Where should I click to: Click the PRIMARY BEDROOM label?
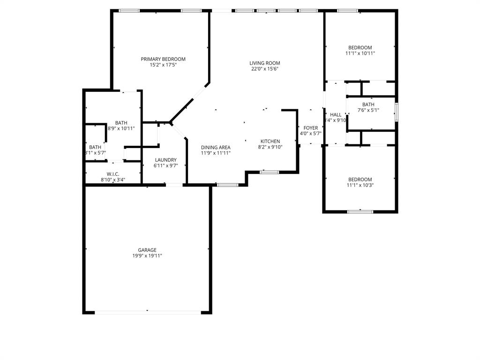(x=163, y=59)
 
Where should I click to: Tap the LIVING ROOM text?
(x=264, y=63)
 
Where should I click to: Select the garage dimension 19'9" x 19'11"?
(x=147, y=256)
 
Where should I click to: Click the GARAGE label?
(x=147, y=250)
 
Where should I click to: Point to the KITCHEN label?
(x=270, y=141)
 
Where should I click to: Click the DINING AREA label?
(x=216, y=147)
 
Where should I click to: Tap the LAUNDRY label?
(x=165, y=160)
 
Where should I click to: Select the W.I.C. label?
(x=113, y=174)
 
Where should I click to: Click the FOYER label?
(x=310, y=128)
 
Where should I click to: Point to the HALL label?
(x=336, y=115)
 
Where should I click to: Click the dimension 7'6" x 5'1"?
(x=368, y=111)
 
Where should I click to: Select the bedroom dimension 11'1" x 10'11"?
(x=360, y=53)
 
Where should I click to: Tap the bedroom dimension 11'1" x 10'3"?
(x=360, y=185)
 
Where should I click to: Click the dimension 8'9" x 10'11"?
(x=121, y=128)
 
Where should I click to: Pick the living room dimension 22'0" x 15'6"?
(x=264, y=69)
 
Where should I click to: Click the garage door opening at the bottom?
(x=147, y=312)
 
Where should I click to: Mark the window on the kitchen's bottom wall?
(x=270, y=172)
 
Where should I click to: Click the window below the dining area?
(x=227, y=185)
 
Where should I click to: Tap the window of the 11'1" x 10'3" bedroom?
(x=360, y=212)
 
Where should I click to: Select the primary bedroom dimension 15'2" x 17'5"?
(x=163, y=65)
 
